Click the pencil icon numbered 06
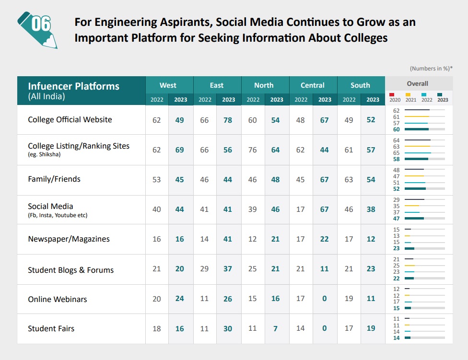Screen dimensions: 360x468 [x=37, y=29]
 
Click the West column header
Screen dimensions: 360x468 [x=168, y=85]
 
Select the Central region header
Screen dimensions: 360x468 [x=313, y=85]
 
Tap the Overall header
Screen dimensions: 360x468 [x=417, y=83]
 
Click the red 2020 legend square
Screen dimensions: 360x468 [x=392, y=94]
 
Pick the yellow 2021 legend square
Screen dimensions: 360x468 [x=408, y=94]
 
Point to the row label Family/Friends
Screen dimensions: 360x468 [x=54, y=179]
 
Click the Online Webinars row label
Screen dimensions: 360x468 [x=58, y=299]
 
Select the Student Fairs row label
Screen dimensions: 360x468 [x=51, y=328]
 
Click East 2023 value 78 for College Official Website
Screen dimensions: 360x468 [x=228, y=120]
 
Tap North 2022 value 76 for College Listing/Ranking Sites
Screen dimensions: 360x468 [x=253, y=150]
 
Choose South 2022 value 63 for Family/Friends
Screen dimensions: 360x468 [x=349, y=179]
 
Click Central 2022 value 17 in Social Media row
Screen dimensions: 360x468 [x=301, y=209]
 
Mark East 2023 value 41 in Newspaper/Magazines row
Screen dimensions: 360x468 [x=228, y=239]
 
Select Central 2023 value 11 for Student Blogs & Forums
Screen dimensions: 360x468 [x=325, y=269]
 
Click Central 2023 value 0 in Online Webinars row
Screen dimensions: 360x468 [x=325, y=299]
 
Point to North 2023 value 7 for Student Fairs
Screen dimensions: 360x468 [x=276, y=328]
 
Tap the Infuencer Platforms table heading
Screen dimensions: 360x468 [x=73, y=86]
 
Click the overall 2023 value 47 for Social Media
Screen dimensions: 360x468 [x=396, y=218]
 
